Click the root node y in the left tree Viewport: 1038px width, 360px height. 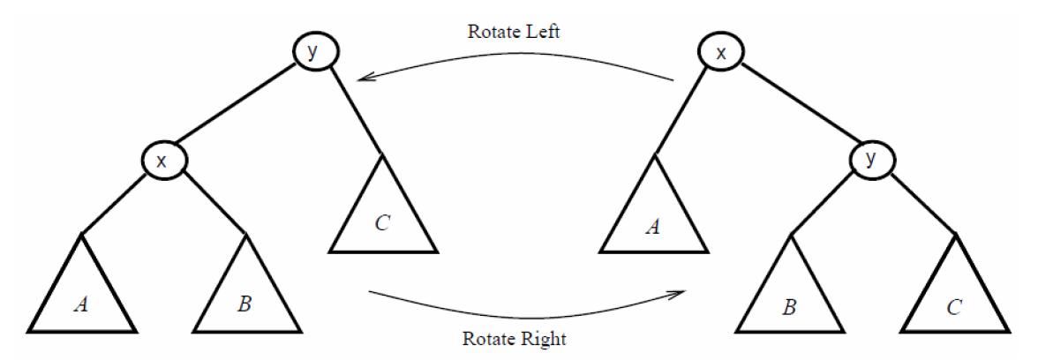(312, 52)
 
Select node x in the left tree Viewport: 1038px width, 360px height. (161, 161)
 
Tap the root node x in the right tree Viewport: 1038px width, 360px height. (721, 53)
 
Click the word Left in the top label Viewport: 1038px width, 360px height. (540, 32)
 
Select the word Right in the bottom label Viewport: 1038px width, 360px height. (544, 338)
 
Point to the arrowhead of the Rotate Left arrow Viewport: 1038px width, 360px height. (361, 79)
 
